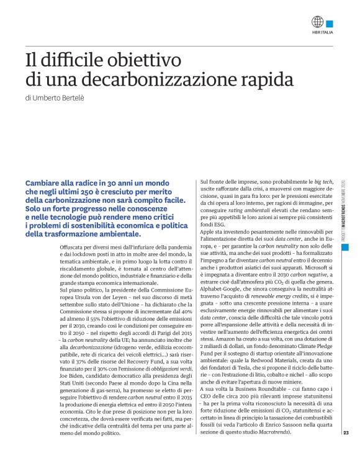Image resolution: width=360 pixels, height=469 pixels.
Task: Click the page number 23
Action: [x=346, y=432]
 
